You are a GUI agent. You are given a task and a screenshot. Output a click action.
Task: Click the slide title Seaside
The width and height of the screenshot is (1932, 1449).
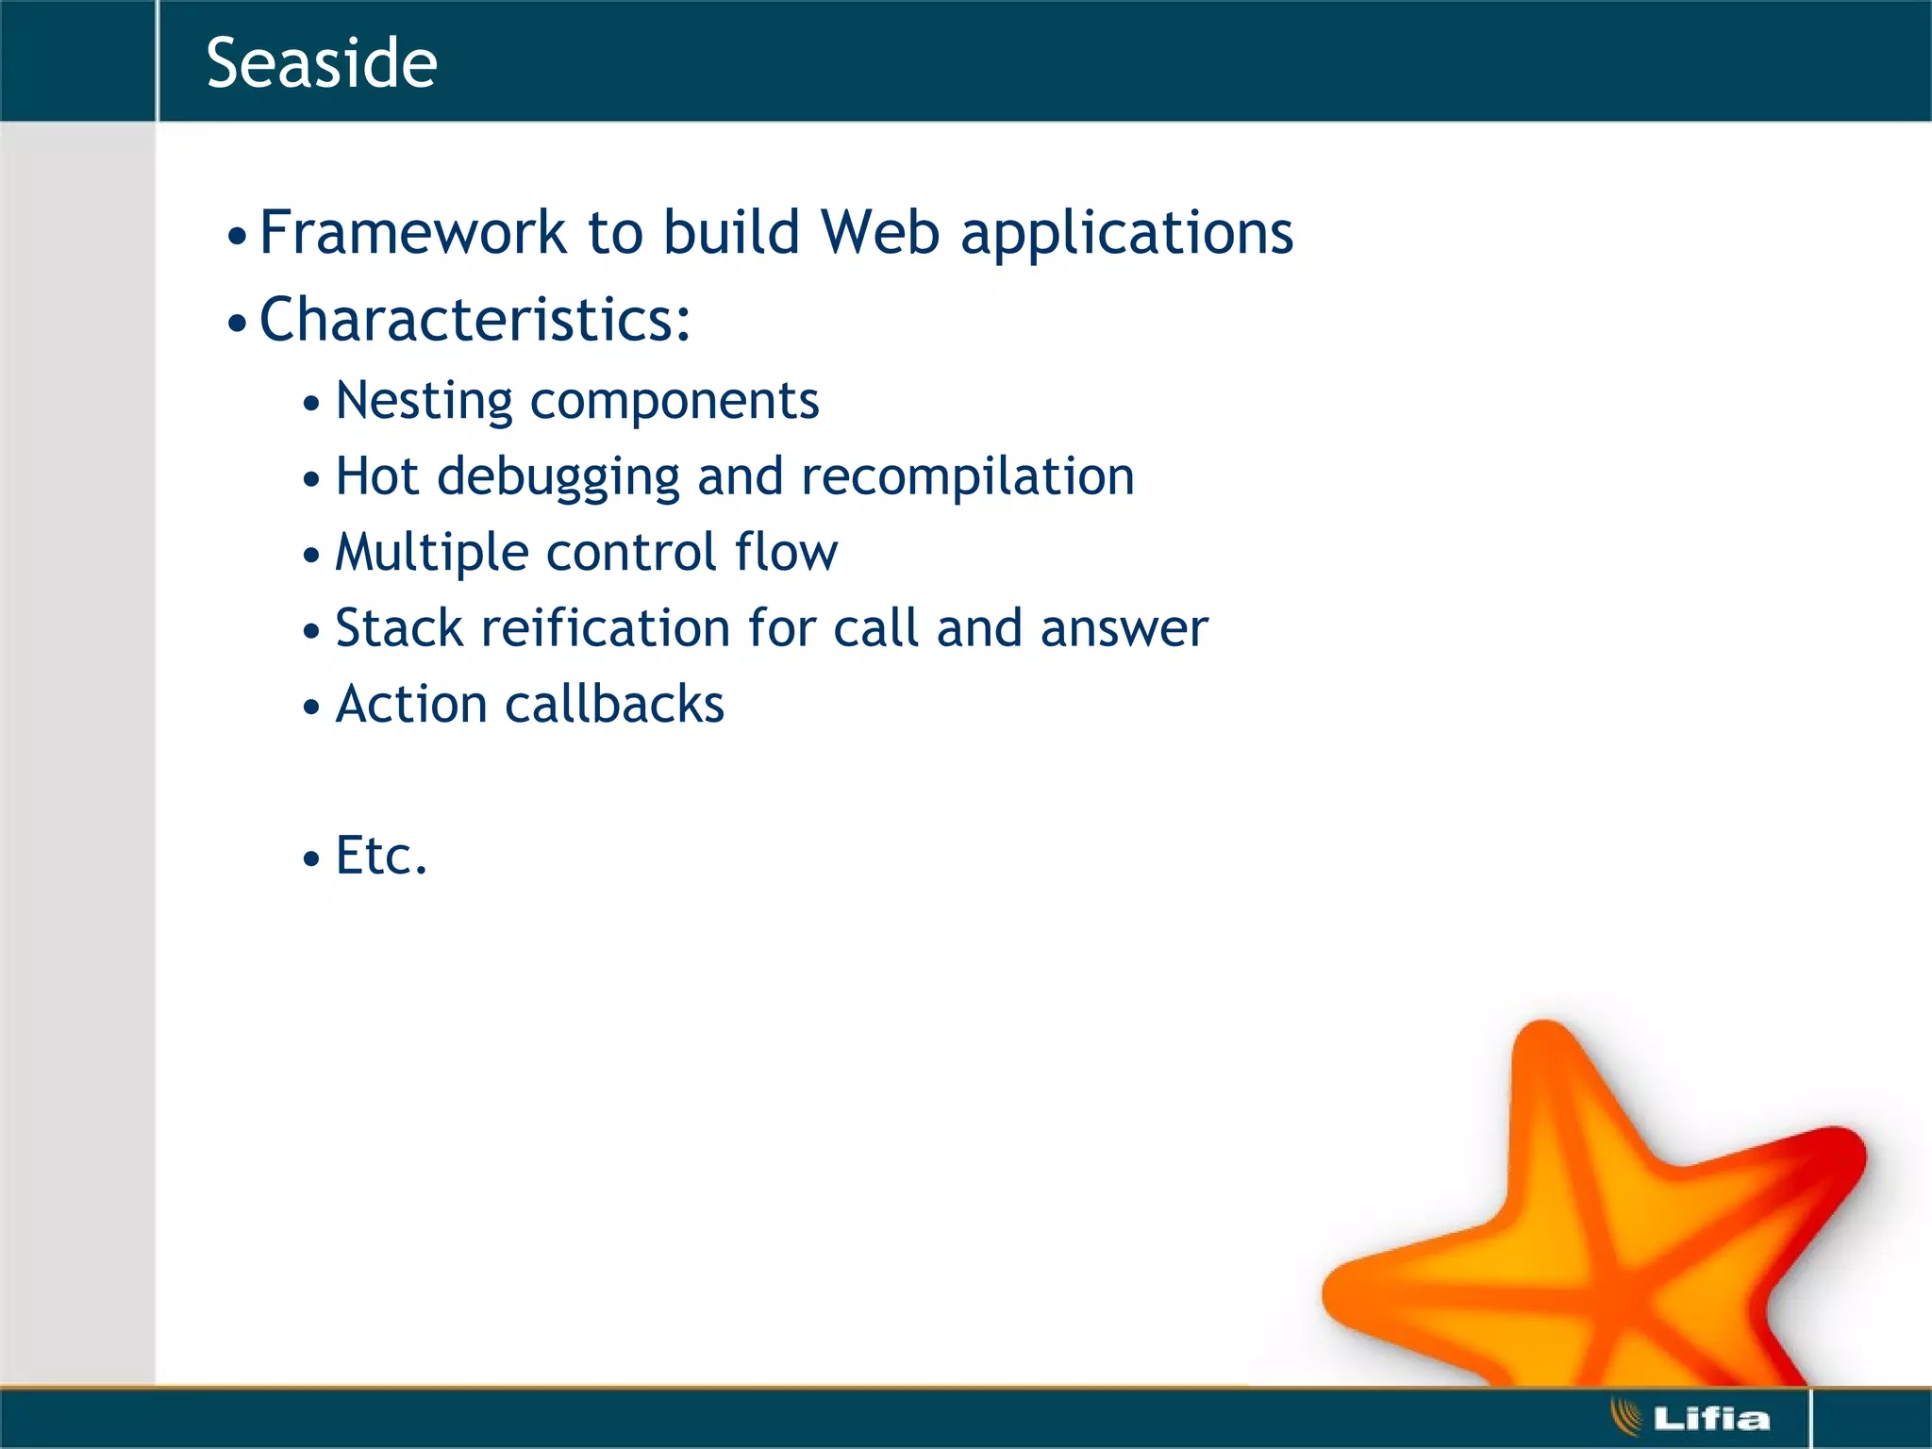pyautogui.click(x=322, y=63)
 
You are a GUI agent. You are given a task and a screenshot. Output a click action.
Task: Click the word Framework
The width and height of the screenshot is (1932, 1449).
pyautogui.click(x=412, y=232)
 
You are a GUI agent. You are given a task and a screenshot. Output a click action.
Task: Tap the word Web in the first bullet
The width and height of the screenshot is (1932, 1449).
pyautogui.click(x=880, y=232)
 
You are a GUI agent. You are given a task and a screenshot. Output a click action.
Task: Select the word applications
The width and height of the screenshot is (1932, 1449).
pyautogui.click(x=1126, y=234)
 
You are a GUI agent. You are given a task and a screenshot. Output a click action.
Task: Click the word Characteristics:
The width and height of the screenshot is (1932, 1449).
pyautogui.click(x=475, y=319)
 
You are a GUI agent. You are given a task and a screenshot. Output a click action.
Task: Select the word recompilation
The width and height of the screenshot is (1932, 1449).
pyautogui.click(x=967, y=477)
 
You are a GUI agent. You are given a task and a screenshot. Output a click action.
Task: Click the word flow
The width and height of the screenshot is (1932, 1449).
pyautogui.click(x=786, y=552)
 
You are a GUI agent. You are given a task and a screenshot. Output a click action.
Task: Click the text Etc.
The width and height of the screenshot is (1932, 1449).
pyautogui.click(x=381, y=856)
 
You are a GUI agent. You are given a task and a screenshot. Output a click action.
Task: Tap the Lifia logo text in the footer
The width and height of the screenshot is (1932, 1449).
pyautogui.click(x=1710, y=1418)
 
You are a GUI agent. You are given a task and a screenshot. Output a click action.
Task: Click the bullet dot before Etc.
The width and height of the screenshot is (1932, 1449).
pyautogui.click(x=311, y=858)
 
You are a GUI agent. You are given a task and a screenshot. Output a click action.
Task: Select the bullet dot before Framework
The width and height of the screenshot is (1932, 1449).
pyautogui.click(x=237, y=236)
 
